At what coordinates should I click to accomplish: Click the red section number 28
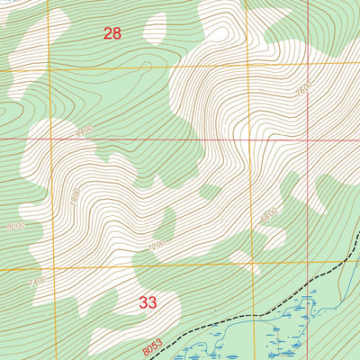112,34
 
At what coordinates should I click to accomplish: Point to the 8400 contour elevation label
84,131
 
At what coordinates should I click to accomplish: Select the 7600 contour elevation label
303,91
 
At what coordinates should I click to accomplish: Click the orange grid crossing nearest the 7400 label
51,269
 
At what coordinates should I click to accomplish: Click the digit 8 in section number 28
117,34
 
